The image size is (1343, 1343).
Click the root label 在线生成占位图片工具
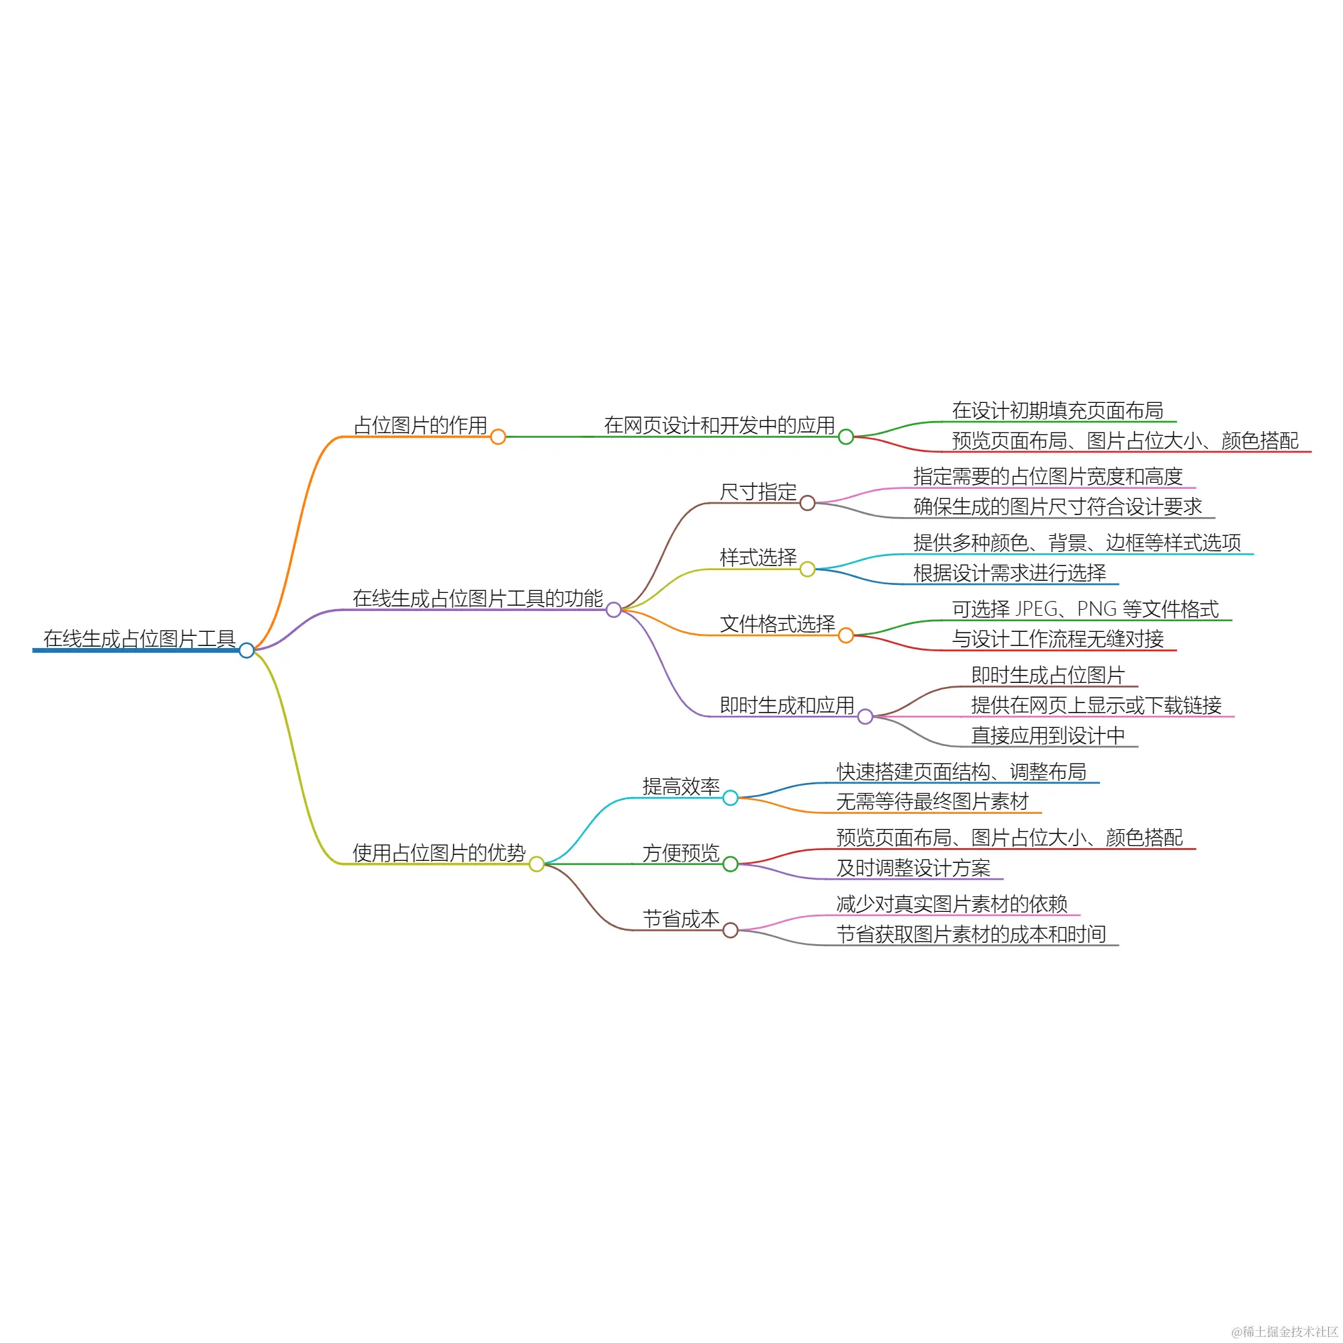click(x=139, y=638)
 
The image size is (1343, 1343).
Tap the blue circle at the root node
click(x=246, y=651)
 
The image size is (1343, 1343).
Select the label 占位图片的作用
click(x=420, y=425)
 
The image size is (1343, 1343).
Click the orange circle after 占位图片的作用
click(x=498, y=436)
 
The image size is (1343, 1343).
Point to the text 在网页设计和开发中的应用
click(x=719, y=425)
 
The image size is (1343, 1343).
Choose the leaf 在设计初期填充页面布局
click(x=1056, y=410)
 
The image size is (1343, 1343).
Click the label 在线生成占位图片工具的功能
click(x=477, y=598)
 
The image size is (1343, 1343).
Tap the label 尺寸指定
click(x=757, y=492)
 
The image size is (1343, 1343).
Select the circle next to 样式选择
click(x=807, y=569)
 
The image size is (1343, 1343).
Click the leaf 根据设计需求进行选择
click(x=1009, y=573)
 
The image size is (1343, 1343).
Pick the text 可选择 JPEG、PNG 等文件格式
click(x=1084, y=609)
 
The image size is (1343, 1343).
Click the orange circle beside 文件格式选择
click(x=845, y=635)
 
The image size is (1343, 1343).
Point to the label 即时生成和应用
click(x=787, y=705)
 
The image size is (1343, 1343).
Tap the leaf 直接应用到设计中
click(x=1048, y=735)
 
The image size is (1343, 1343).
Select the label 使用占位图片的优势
click(x=438, y=852)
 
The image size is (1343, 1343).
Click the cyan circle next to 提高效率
click(x=730, y=797)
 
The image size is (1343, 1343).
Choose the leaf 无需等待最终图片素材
click(x=932, y=802)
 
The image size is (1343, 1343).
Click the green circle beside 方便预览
click(x=730, y=864)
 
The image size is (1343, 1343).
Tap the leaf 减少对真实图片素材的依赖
click(x=951, y=904)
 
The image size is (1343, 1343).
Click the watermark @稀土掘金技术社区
click(x=1284, y=1330)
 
